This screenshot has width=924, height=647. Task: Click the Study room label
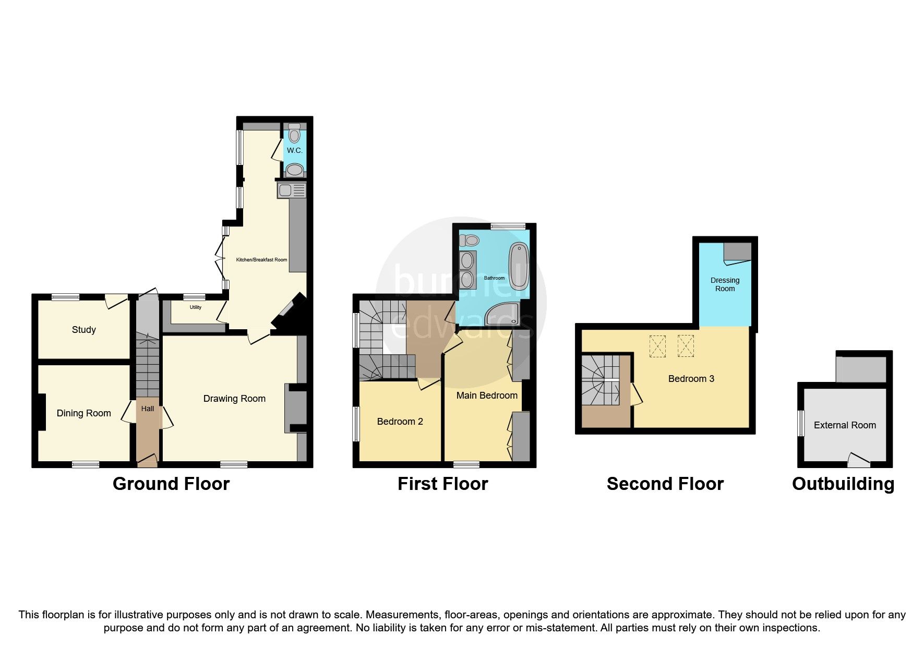point(83,330)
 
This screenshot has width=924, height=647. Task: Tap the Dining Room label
point(83,413)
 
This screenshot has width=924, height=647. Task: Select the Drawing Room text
point(234,399)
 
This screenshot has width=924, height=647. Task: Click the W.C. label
point(294,150)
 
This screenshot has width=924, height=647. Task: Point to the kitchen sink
point(286,191)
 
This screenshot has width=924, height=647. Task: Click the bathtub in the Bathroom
point(519,266)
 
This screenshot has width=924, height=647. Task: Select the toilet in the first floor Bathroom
point(470,241)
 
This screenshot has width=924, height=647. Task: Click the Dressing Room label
point(725,284)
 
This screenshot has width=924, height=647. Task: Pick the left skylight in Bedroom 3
point(658,346)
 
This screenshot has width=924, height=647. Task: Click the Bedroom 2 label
point(400,422)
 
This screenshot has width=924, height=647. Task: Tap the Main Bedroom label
point(487,396)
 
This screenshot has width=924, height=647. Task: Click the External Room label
point(845,425)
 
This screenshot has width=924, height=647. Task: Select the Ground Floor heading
point(171,484)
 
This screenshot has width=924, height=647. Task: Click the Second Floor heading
point(665,484)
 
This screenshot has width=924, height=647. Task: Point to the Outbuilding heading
point(843,484)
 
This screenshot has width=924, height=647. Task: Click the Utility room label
point(195,307)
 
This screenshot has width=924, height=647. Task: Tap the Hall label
point(148,409)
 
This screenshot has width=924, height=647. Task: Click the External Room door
point(857,459)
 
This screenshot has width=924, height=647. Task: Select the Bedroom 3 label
point(691,379)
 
